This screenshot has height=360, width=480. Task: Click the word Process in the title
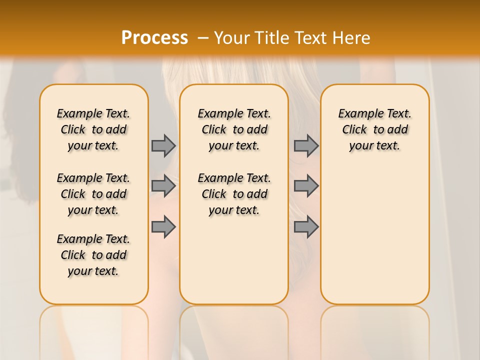tap(154, 37)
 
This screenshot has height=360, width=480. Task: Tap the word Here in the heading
tap(350, 37)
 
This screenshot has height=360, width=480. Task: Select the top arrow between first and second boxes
tap(163, 145)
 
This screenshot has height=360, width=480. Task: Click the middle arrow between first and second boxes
tap(163, 186)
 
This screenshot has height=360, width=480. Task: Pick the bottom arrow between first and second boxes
tap(163, 227)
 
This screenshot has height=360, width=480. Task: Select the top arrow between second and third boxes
tap(306, 145)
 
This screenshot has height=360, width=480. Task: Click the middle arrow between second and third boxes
tap(306, 186)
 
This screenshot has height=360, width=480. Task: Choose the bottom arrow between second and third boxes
tap(306, 227)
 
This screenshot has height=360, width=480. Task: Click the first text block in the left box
tap(93, 129)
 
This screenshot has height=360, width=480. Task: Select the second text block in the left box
tap(93, 194)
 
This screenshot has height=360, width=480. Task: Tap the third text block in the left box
tap(93, 255)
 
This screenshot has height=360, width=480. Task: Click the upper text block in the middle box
tap(234, 129)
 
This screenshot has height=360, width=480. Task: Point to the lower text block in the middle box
tap(234, 194)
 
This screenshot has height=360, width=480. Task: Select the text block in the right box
tap(375, 129)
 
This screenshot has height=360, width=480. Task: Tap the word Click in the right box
tap(354, 130)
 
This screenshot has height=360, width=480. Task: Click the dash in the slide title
tap(202, 37)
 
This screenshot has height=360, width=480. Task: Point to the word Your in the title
tap(231, 37)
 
